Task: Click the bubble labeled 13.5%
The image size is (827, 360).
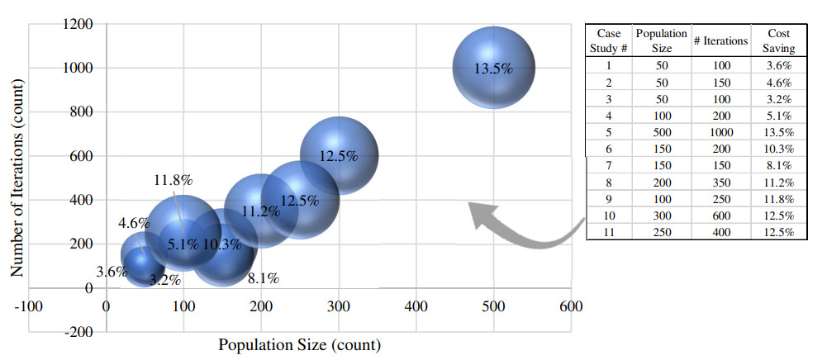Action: [x=493, y=68]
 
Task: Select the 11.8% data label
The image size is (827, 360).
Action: [x=173, y=180]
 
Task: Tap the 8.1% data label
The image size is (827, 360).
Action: [x=263, y=278]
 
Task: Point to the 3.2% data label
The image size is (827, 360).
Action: [x=164, y=279]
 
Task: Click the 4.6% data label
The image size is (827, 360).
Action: [x=134, y=223]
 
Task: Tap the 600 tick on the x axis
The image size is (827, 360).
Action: [x=571, y=306]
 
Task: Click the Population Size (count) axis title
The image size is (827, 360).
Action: [x=299, y=344]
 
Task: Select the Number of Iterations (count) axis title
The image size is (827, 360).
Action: [x=16, y=178]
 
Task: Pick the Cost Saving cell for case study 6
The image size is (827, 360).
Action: [x=778, y=149]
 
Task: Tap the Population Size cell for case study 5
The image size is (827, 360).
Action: [x=661, y=133]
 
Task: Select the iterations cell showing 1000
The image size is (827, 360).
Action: [x=720, y=133]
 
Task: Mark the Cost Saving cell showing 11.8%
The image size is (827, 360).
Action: [x=778, y=199]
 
